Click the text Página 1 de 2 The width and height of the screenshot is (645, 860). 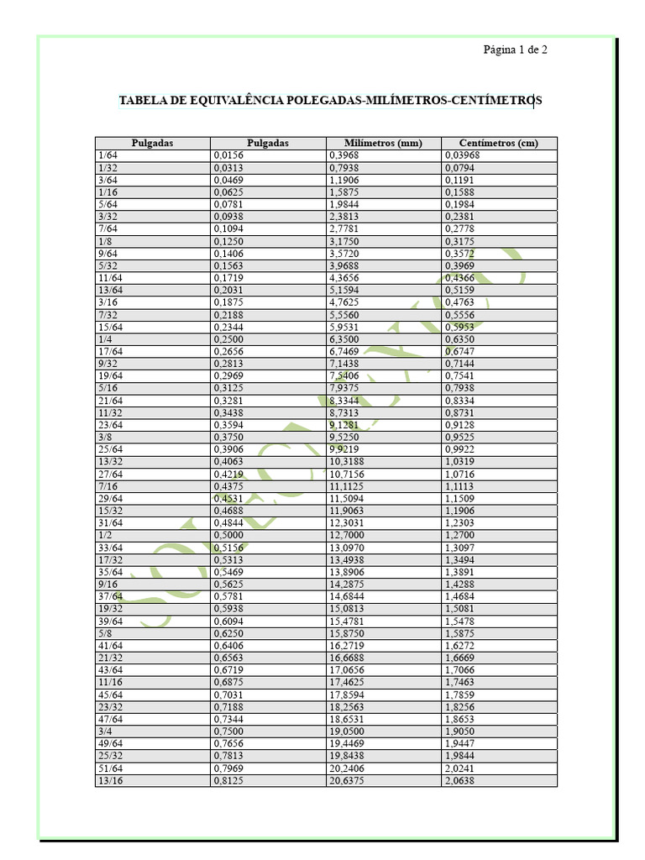tap(515, 50)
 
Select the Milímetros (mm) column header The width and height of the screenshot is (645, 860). tap(383, 143)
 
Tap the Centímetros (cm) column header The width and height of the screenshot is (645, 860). tap(499, 143)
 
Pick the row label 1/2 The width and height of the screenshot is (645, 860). tap(105, 535)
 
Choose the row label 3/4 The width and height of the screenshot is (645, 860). tap(105, 732)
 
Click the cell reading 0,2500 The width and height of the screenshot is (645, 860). tap(228, 339)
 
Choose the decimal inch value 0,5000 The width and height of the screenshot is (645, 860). tap(228, 535)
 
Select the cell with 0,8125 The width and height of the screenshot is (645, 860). tap(228, 780)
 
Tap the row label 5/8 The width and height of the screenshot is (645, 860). tap(105, 633)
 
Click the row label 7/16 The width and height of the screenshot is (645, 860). tap(107, 486)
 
